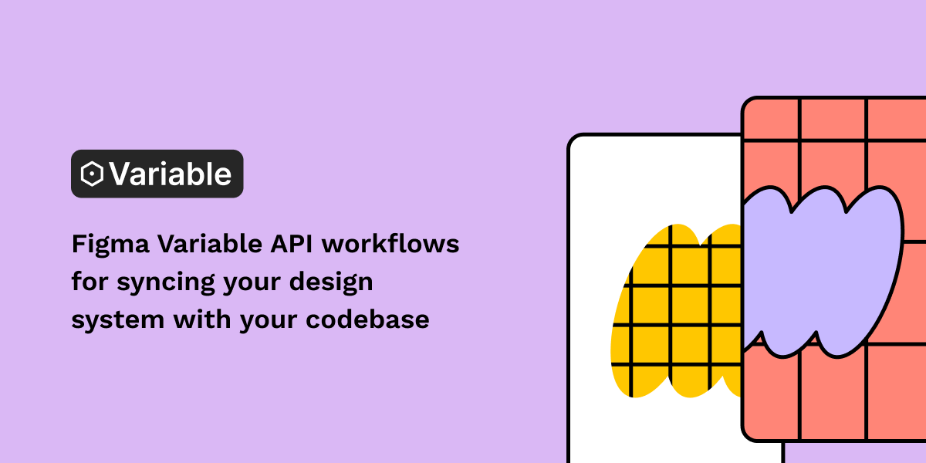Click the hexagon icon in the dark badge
coord(93,174)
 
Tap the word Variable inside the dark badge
coord(170,174)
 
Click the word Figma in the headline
coord(110,245)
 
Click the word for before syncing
coord(90,282)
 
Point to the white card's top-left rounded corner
coord(573,140)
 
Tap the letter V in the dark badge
coord(120,174)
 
